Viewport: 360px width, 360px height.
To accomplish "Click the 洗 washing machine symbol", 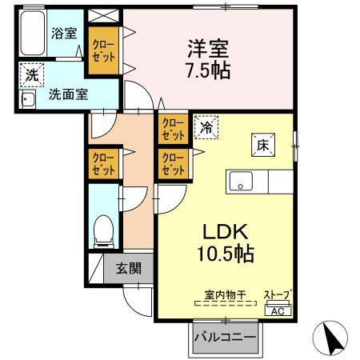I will click(31, 75).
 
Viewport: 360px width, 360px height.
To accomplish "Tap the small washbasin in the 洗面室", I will click(29, 100).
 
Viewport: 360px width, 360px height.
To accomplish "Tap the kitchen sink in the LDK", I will click(241, 182).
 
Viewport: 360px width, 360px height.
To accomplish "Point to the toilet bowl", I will click(102, 230).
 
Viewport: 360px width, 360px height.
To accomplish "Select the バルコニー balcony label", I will click(225, 338).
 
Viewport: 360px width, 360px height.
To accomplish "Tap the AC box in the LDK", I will click(278, 310).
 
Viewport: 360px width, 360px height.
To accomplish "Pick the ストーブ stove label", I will click(278, 296).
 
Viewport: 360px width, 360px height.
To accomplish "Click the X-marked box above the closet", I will click(104, 16).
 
